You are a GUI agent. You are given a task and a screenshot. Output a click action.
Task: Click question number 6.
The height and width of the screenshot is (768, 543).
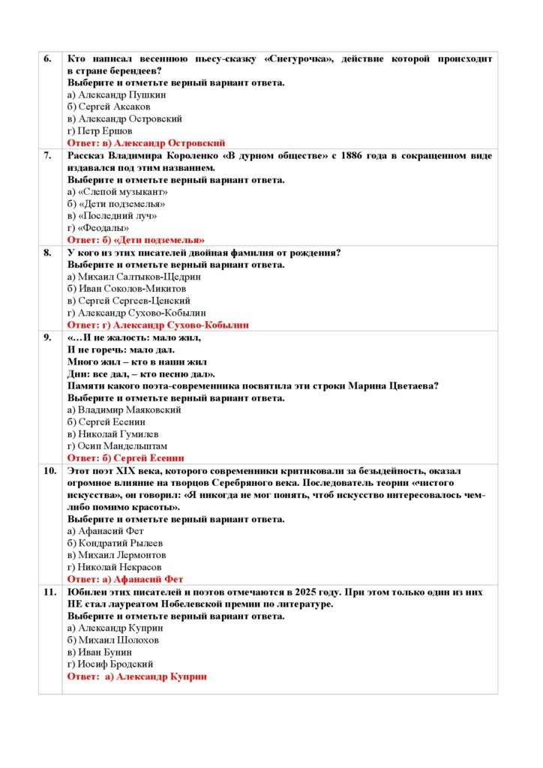pos(47,58)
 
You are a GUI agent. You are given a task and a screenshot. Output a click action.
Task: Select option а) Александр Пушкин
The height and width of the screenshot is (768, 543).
pos(116,94)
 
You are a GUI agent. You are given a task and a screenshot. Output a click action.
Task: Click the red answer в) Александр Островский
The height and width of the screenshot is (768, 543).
pos(146,142)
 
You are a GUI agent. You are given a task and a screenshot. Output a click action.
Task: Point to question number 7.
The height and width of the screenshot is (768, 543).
pos(47,156)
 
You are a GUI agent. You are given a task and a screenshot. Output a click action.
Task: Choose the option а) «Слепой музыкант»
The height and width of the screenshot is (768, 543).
pos(117,192)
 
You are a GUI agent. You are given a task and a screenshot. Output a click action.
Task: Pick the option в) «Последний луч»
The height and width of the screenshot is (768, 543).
pos(112,216)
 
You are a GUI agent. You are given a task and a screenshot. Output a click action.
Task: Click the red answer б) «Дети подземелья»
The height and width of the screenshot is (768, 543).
pos(136,240)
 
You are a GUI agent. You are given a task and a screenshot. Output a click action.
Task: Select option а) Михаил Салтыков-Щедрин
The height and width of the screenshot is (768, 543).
pos(134,277)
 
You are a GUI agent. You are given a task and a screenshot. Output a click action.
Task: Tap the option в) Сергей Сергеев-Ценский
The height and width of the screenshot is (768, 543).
pos(129,301)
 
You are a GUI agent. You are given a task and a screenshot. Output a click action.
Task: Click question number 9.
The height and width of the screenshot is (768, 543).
pos(47,337)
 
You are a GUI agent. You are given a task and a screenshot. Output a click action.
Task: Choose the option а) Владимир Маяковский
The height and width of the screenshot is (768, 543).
pos(124,410)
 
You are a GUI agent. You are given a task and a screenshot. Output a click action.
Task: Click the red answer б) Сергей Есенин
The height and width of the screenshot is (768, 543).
pos(126,458)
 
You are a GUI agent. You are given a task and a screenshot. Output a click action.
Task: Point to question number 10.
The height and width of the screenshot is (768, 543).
pos(49,471)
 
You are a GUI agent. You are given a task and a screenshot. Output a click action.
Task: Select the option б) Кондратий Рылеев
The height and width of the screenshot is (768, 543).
pos(115,543)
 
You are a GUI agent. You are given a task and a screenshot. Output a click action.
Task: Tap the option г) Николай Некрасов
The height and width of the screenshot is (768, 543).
pos(114,567)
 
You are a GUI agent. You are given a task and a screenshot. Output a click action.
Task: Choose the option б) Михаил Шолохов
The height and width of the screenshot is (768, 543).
pos(112,640)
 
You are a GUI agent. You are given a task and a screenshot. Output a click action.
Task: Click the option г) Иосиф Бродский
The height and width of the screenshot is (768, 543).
pos(110,664)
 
